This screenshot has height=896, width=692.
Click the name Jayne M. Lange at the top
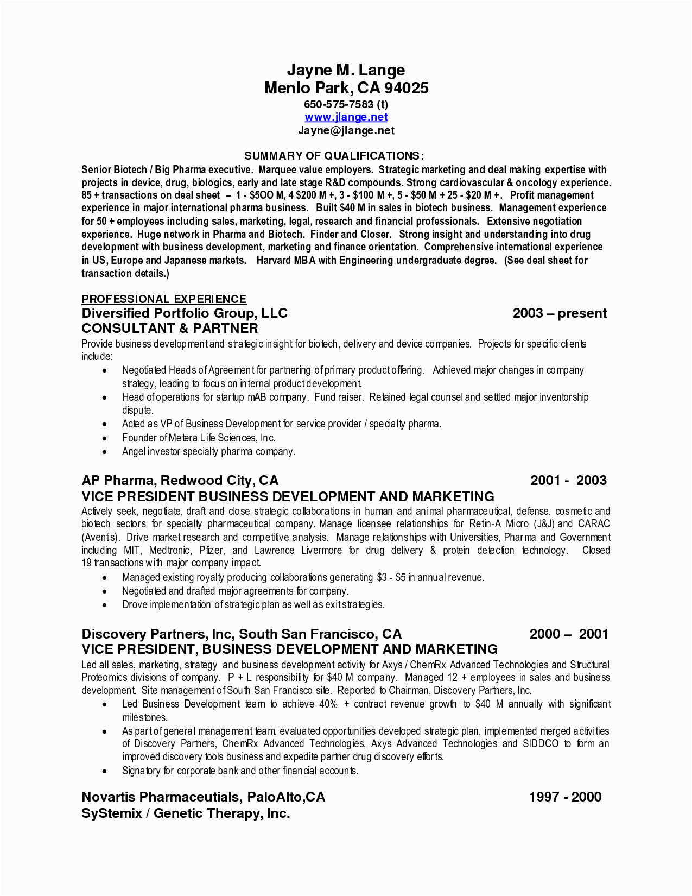[x=346, y=70]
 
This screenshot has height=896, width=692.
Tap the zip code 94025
[x=407, y=88]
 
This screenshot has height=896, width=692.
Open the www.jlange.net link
[x=346, y=117]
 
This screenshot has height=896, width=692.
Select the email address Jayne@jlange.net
[x=346, y=130]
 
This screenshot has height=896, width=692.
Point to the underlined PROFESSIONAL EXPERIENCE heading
[x=164, y=299]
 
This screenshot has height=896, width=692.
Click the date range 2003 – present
[x=560, y=313]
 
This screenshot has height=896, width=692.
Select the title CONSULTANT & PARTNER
[x=170, y=328]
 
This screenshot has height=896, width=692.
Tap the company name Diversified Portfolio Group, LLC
[x=185, y=313]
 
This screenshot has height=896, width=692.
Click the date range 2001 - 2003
[x=568, y=480]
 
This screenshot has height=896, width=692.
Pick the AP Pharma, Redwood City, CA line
[x=180, y=480]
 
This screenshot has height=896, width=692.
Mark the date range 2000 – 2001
[x=569, y=634]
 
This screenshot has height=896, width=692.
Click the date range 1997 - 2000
[x=565, y=797]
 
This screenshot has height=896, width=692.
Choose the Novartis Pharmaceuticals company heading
[x=203, y=797]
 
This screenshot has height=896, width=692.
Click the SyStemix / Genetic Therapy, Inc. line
[x=186, y=813]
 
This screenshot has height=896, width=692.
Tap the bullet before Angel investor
[x=105, y=452]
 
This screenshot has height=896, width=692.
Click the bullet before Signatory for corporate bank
[x=105, y=771]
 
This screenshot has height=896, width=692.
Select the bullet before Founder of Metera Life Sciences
[x=105, y=438]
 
